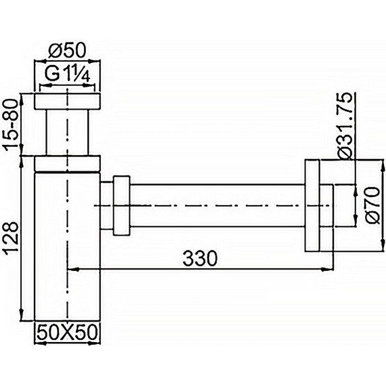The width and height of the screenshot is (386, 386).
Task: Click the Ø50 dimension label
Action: (x=67, y=51)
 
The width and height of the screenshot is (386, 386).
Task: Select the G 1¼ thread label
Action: (x=68, y=74)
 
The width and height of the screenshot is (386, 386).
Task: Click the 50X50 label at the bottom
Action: (x=66, y=332)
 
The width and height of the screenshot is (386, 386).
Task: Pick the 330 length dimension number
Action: (x=200, y=259)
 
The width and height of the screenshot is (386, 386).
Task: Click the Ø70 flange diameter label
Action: (x=372, y=205)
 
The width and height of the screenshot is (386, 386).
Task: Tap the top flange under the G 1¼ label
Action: (x=67, y=101)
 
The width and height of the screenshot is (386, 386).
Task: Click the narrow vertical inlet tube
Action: (x=67, y=132)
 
